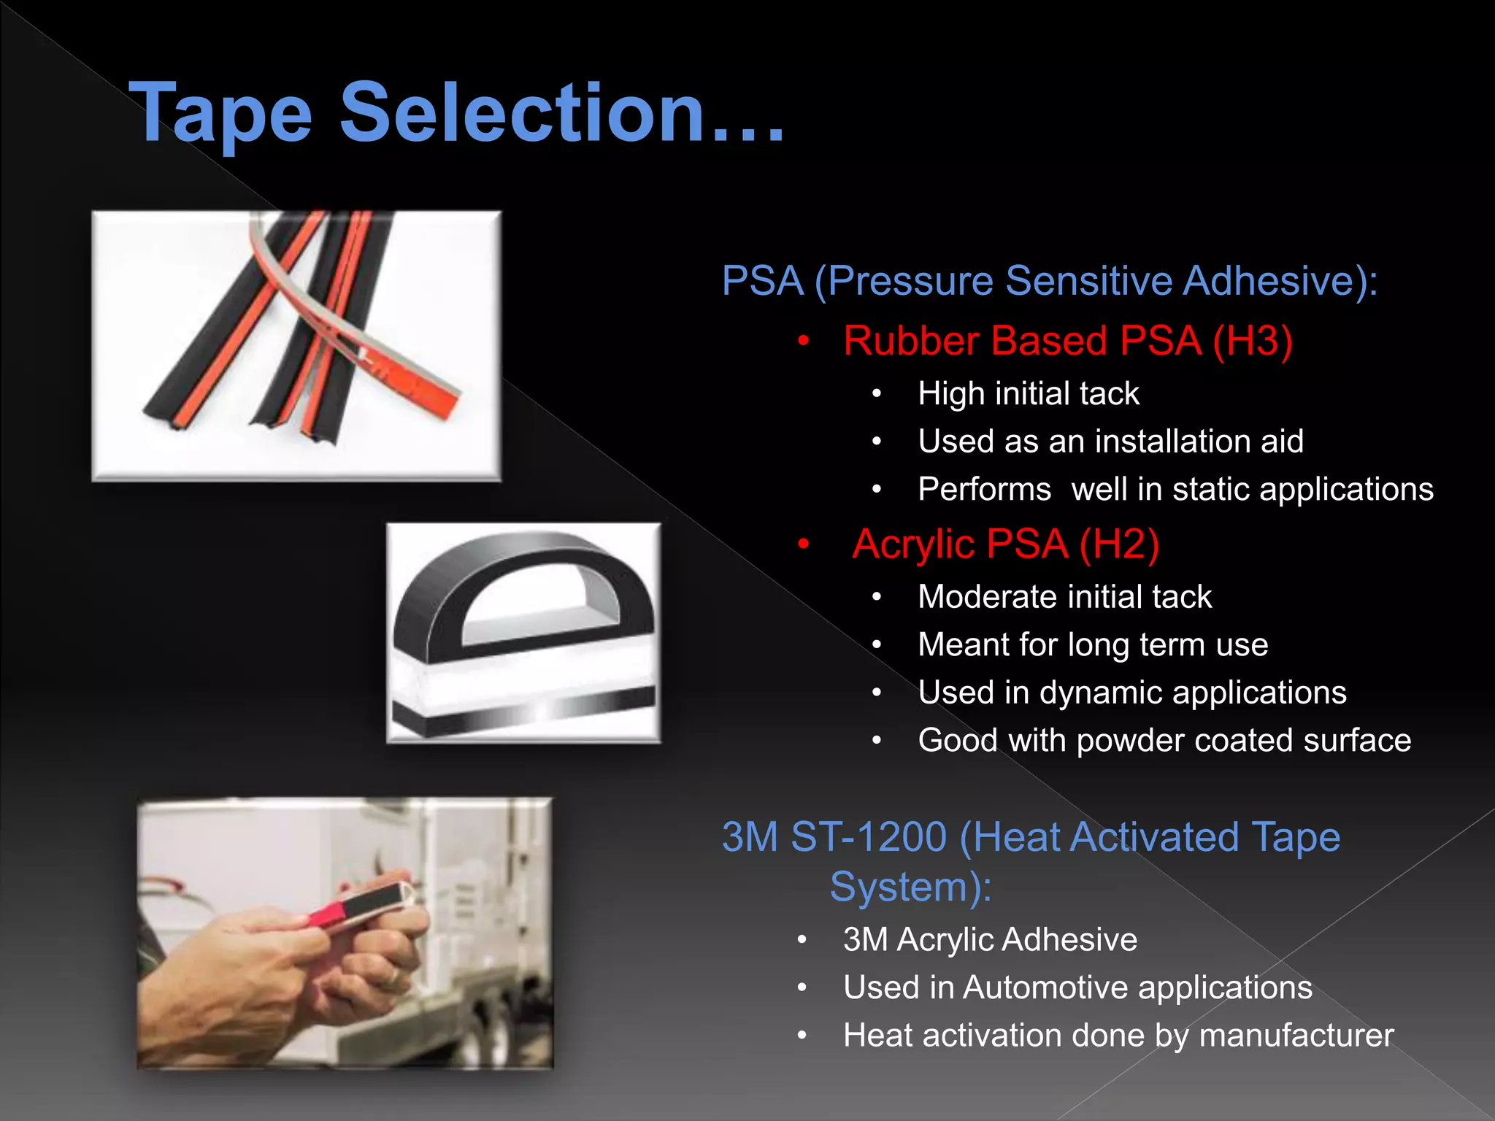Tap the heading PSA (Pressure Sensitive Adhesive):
click(x=1049, y=281)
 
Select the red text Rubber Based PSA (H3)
click(x=1067, y=341)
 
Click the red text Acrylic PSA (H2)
click(x=1005, y=544)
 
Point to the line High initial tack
click(x=1028, y=394)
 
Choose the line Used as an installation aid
click(x=1110, y=442)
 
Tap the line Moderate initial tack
click(x=1064, y=597)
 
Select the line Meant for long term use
click(x=1093, y=645)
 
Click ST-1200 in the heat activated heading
click(x=869, y=837)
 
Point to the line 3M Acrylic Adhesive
click(x=990, y=940)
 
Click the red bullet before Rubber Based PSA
click(x=804, y=342)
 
